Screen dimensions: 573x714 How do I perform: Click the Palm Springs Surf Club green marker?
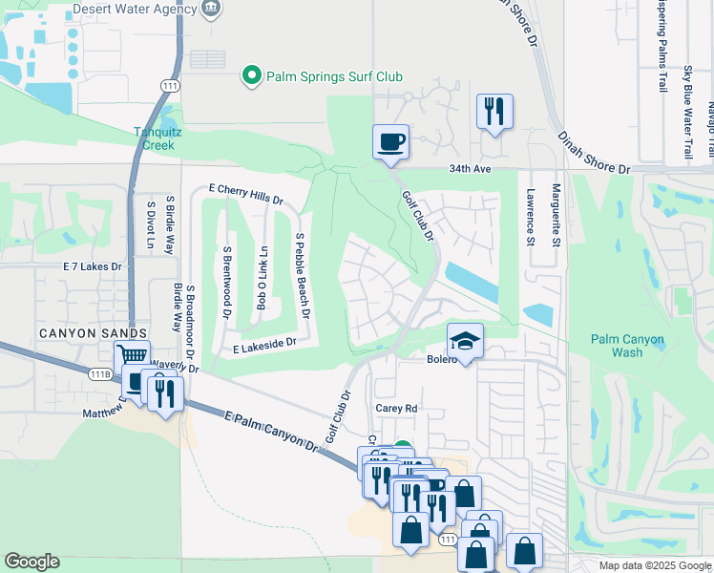252,76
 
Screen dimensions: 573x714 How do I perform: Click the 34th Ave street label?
471,169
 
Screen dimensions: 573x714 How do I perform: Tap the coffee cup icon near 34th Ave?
390,142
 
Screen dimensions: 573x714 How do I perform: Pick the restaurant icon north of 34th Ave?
494,112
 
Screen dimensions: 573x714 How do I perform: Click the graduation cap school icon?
465,341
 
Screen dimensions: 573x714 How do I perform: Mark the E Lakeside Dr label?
264,346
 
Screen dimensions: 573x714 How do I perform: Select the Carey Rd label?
396,408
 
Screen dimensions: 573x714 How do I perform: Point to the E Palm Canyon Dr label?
271,432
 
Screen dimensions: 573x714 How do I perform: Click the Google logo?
31,562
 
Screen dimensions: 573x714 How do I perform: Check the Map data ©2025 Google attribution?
653,565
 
